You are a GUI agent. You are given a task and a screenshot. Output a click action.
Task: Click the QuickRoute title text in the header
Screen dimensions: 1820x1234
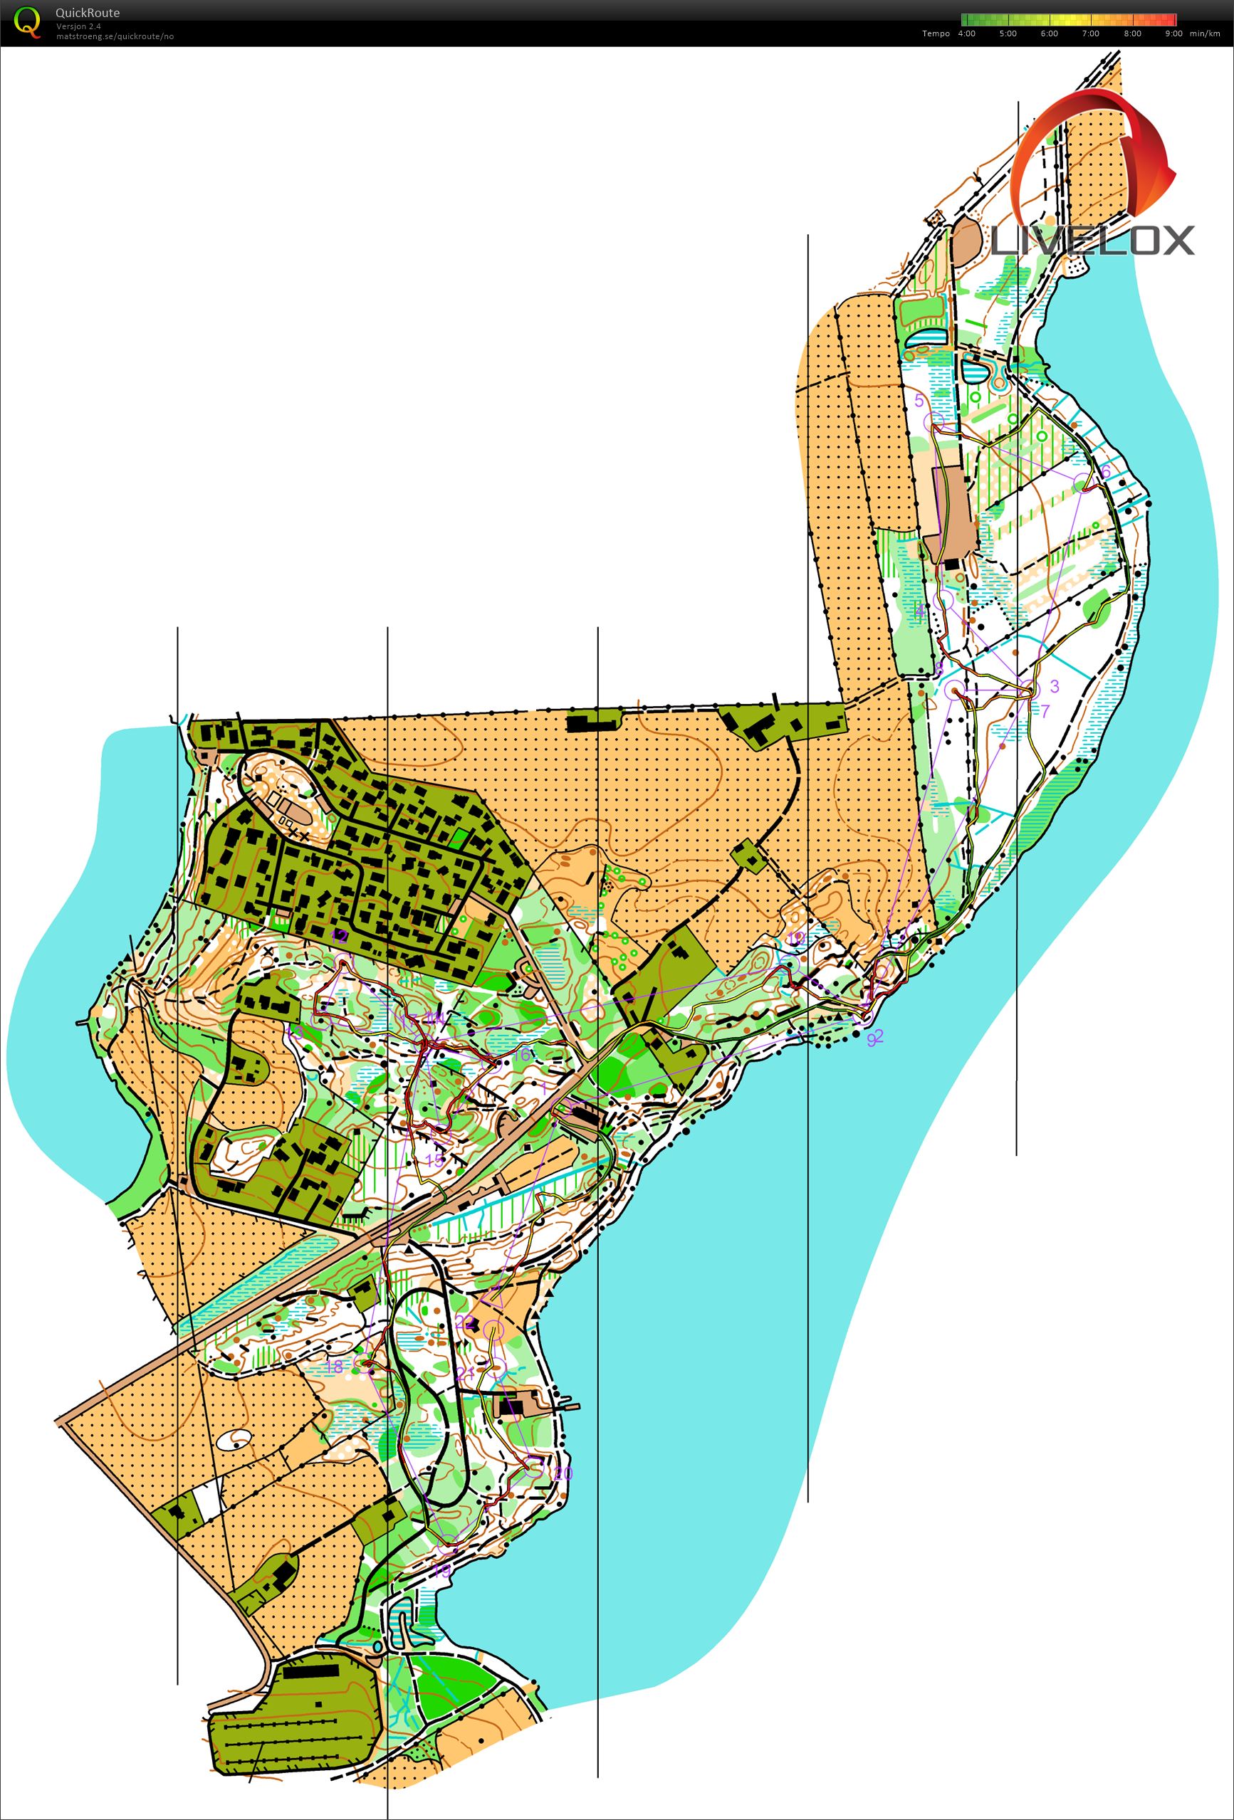pos(87,13)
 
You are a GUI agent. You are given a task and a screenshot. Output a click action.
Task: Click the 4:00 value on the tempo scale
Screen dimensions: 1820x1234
pos(966,33)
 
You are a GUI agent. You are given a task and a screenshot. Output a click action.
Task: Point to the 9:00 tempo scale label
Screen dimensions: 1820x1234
pos(1173,33)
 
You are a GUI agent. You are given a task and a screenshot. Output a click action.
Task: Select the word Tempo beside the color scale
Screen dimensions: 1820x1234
pos(936,33)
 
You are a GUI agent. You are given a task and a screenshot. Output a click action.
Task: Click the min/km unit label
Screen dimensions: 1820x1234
pos(1205,33)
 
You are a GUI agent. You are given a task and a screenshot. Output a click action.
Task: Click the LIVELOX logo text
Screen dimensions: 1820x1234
pos(1093,241)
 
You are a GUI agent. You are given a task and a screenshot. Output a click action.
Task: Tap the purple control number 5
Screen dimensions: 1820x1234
pos(919,401)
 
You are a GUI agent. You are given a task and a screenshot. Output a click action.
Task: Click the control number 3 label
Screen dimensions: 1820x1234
pos(1055,687)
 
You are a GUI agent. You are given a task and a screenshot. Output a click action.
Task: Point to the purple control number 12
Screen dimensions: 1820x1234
pos(339,937)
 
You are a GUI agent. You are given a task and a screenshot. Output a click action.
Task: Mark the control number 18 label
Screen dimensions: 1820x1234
pos(334,1367)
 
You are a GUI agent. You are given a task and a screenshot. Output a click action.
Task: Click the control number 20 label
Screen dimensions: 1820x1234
pos(563,1474)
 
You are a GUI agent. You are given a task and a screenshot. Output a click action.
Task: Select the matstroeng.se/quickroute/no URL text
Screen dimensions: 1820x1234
pos(115,37)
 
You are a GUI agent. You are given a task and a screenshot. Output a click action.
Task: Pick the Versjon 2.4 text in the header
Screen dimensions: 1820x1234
pos(78,26)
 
